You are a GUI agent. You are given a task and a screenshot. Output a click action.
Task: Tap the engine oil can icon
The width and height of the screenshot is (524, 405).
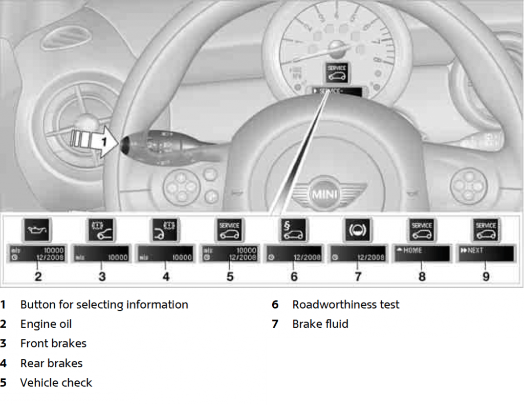click(x=38, y=230)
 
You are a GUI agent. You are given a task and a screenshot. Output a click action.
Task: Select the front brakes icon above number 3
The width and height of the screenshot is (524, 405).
click(x=102, y=230)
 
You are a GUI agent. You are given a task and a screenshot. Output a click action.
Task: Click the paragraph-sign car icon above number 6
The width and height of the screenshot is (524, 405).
click(x=294, y=230)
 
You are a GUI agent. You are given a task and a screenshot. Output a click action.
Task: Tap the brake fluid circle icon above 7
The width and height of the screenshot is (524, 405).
click(x=358, y=230)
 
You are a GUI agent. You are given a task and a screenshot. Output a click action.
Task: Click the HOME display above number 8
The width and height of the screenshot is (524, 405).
click(x=422, y=253)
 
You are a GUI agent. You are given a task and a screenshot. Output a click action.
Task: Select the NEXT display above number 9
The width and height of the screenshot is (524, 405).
click(x=486, y=253)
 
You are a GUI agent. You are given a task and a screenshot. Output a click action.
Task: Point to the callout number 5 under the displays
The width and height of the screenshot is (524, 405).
click(x=230, y=276)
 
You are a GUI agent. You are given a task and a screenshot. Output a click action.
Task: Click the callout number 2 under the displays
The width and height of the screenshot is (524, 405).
click(x=38, y=276)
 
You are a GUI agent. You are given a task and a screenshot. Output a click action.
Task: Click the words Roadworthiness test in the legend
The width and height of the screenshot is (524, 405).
click(x=345, y=305)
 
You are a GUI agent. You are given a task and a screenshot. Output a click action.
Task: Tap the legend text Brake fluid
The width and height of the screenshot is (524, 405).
click(x=320, y=324)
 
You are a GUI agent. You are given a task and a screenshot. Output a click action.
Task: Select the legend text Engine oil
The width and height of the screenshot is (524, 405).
click(x=46, y=324)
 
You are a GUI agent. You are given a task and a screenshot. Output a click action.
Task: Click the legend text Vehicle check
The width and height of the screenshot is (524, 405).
click(x=56, y=382)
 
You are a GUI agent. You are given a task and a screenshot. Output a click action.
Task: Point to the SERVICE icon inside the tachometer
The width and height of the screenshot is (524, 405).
click(x=337, y=73)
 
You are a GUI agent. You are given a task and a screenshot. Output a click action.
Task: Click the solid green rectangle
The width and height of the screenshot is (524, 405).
click(x=395, y=371)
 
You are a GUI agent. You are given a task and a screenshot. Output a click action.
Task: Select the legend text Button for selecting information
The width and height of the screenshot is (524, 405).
click(x=104, y=305)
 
